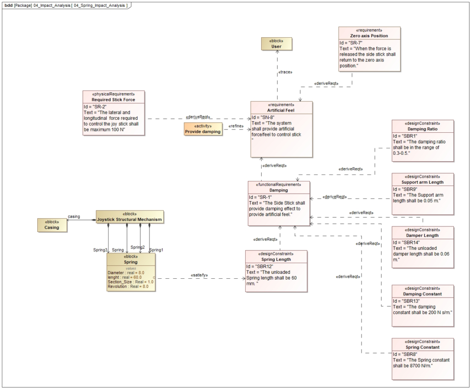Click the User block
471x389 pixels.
point(277,44)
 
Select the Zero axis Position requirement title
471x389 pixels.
point(369,36)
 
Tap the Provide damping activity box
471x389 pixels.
point(202,129)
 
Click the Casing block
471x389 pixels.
point(52,225)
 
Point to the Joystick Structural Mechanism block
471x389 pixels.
point(129,217)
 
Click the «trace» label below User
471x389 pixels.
point(285,73)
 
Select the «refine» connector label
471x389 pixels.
point(235,126)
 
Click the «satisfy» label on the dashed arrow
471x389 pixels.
point(199,275)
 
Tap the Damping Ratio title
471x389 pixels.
point(423,130)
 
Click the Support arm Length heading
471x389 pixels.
point(423,182)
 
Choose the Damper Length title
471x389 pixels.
point(423,235)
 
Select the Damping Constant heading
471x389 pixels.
point(423,294)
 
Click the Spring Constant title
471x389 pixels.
point(423,347)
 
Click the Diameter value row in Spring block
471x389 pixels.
point(126,273)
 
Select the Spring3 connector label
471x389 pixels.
point(100,250)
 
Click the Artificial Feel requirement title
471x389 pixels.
point(281,110)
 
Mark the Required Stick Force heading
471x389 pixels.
point(113,100)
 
